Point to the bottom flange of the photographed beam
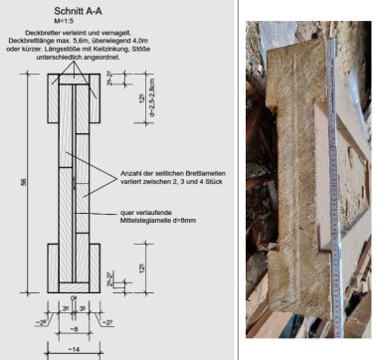click(298, 298)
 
